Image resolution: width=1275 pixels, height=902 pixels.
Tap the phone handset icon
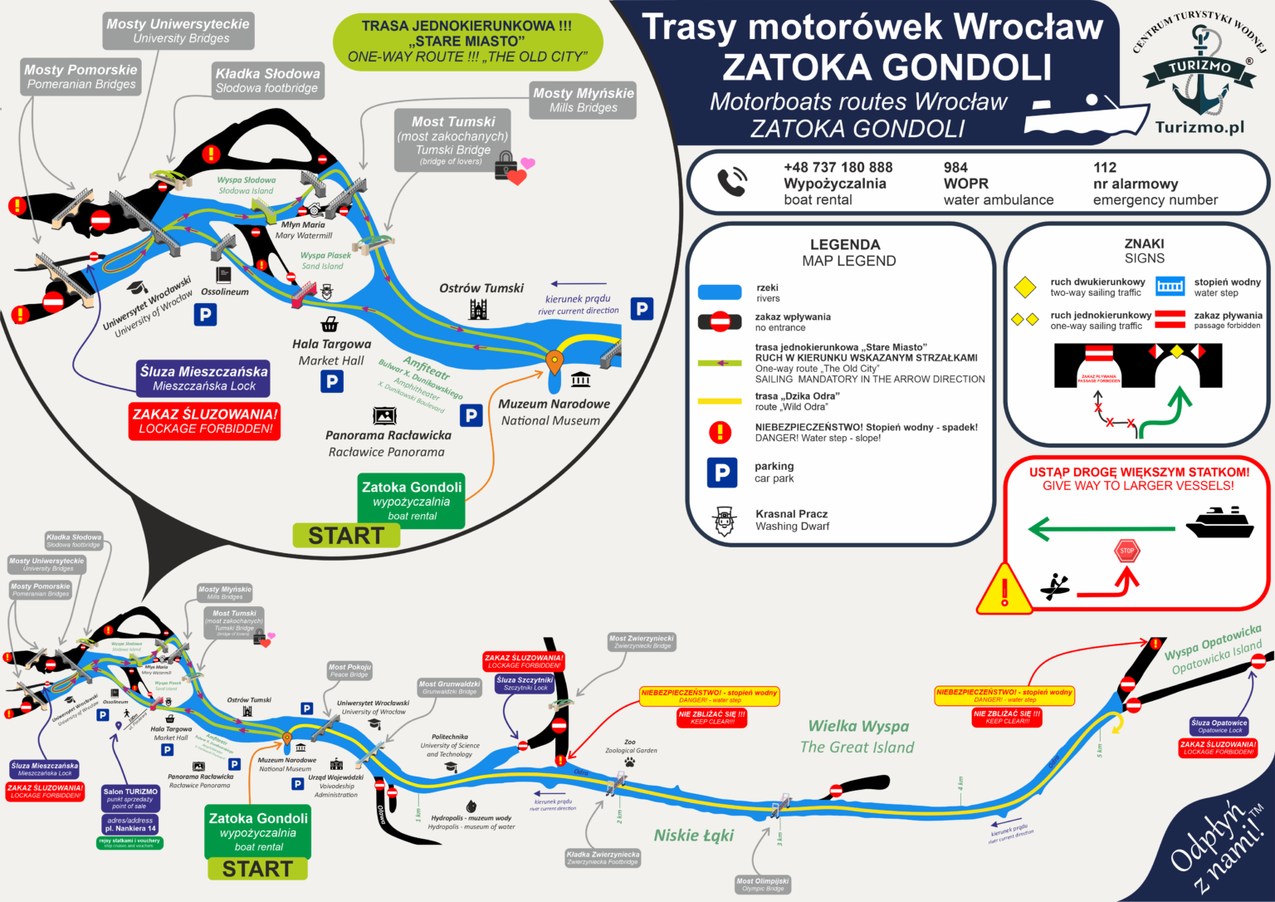click(x=732, y=182)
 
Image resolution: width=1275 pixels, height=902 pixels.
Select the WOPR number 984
click(x=955, y=168)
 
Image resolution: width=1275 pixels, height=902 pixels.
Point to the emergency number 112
click(x=1105, y=168)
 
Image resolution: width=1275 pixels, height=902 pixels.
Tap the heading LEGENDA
click(x=844, y=244)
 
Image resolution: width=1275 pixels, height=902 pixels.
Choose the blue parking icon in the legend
click(x=721, y=473)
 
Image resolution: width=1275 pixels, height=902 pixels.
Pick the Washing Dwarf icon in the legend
click(x=724, y=521)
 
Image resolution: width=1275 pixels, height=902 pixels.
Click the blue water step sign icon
click(x=1170, y=286)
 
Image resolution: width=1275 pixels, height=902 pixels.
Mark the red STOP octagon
click(x=1126, y=551)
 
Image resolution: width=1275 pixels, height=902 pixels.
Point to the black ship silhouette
click(x=1219, y=524)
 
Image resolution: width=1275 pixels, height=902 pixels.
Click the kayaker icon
click(x=1055, y=586)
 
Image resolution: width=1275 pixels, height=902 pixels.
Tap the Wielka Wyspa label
click(x=858, y=726)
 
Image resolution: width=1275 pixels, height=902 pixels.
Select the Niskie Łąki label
click(x=693, y=836)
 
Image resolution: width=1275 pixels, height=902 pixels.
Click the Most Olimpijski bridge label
click(x=762, y=885)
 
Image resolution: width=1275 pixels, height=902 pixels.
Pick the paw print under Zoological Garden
click(x=630, y=761)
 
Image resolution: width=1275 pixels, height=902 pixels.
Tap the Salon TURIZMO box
click(x=130, y=797)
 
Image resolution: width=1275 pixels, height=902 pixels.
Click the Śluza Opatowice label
click(x=1219, y=726)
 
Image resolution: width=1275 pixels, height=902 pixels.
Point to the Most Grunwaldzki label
click(x=449, y=688)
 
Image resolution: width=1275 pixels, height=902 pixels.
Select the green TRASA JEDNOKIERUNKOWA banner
click(x=467, y=42)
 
